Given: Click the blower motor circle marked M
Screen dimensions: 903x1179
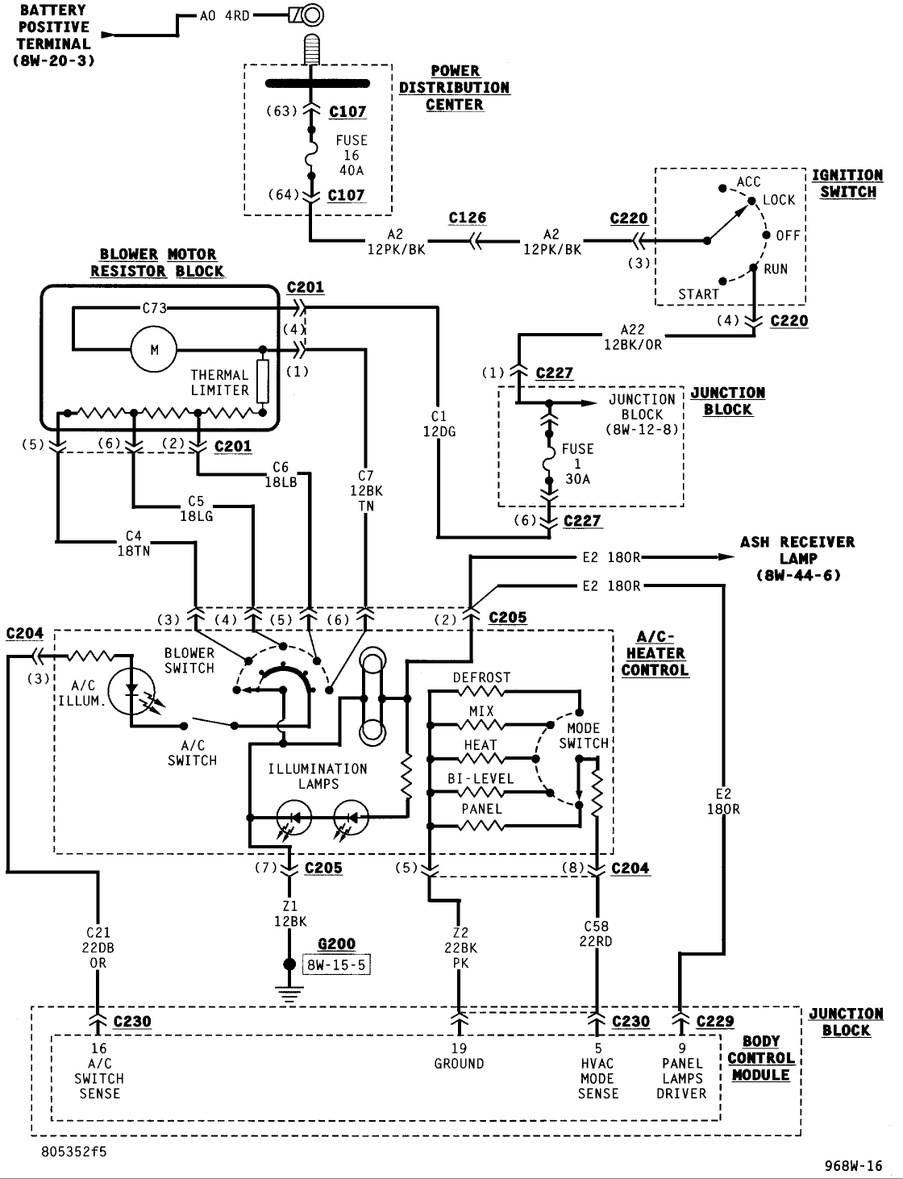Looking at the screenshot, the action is tap(154, 349).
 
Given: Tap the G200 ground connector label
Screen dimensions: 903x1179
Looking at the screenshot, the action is tap(336, 944).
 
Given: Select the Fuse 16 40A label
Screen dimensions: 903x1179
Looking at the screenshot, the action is tap(352, 155).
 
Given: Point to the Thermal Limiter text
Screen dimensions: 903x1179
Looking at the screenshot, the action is tap(219, 382).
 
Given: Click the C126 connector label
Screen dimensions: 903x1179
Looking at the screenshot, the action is tap(468, 218).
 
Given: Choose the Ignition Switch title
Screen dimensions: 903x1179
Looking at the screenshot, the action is tap(847, 184).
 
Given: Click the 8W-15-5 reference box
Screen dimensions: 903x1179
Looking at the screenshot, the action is tap(336, 964).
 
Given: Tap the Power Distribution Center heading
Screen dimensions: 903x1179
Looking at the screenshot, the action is tap(455, 88).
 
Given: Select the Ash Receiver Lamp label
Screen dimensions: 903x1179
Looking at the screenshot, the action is tap(798, 559).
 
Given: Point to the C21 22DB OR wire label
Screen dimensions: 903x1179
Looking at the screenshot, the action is tap(98, 948).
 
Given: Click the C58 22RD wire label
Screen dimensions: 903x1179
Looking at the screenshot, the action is tap(596, 933).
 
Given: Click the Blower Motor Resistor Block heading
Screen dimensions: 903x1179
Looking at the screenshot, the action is tap(157, 263).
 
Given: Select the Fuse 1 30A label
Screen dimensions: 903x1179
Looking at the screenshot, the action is tap(577, 464).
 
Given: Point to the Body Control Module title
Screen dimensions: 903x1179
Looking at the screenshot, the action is tap(761, 1059).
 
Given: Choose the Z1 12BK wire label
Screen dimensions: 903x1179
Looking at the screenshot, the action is tap(290, 914).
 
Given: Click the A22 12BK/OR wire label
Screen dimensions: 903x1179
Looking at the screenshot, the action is tap(633, 337).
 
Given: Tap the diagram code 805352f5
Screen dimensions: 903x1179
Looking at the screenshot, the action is tap(74, 1152).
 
